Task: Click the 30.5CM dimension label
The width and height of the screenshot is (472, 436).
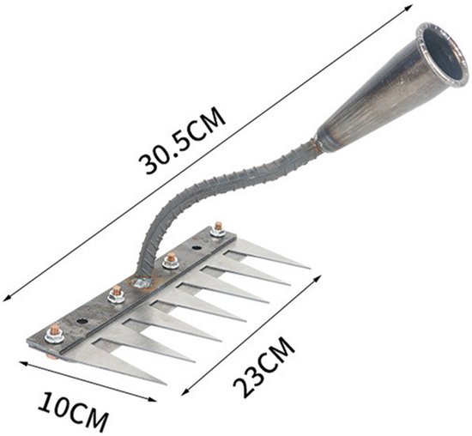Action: pyautogui.click(x=182, y=140)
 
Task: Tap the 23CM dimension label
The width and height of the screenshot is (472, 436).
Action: pyautogui.click(x=263, y=366)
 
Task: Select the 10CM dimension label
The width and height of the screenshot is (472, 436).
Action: pyautogui.click(x=73, y=412)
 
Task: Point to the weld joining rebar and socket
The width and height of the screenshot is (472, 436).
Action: pyautogui.click(x=315, y=142)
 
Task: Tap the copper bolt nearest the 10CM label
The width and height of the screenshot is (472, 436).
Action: pyautogui.click(x=54, y=334)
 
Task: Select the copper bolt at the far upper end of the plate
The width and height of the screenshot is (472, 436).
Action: pyautogui.click(x=218, y=229)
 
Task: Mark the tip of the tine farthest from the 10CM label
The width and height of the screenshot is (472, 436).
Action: pyautogui.click(x=308, y=268)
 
